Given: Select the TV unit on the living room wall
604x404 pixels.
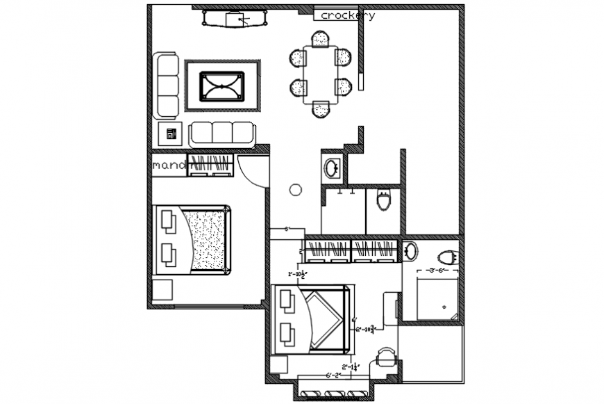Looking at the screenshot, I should tap(235, 19).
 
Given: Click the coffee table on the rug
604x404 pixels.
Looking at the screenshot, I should tap(222, 86).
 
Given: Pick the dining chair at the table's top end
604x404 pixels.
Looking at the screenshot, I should tap(320, 39).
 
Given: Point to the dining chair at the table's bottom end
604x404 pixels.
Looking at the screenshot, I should tap(320, 109).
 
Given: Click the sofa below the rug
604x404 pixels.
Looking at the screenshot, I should tap(221, 133).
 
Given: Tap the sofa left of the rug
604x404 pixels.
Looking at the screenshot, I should tap(167, 86).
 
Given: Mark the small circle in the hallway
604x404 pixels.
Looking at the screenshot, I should tap(295, 189).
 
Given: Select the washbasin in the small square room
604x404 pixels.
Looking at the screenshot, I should tap(332, 168).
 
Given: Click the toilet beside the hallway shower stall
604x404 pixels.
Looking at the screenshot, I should tap(383, 202).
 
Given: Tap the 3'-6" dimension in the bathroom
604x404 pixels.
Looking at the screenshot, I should tap(435, 270).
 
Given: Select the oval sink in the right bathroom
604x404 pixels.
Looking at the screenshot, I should tap(410, 251).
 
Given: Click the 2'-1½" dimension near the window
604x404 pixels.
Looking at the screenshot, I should tap(350, 366).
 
